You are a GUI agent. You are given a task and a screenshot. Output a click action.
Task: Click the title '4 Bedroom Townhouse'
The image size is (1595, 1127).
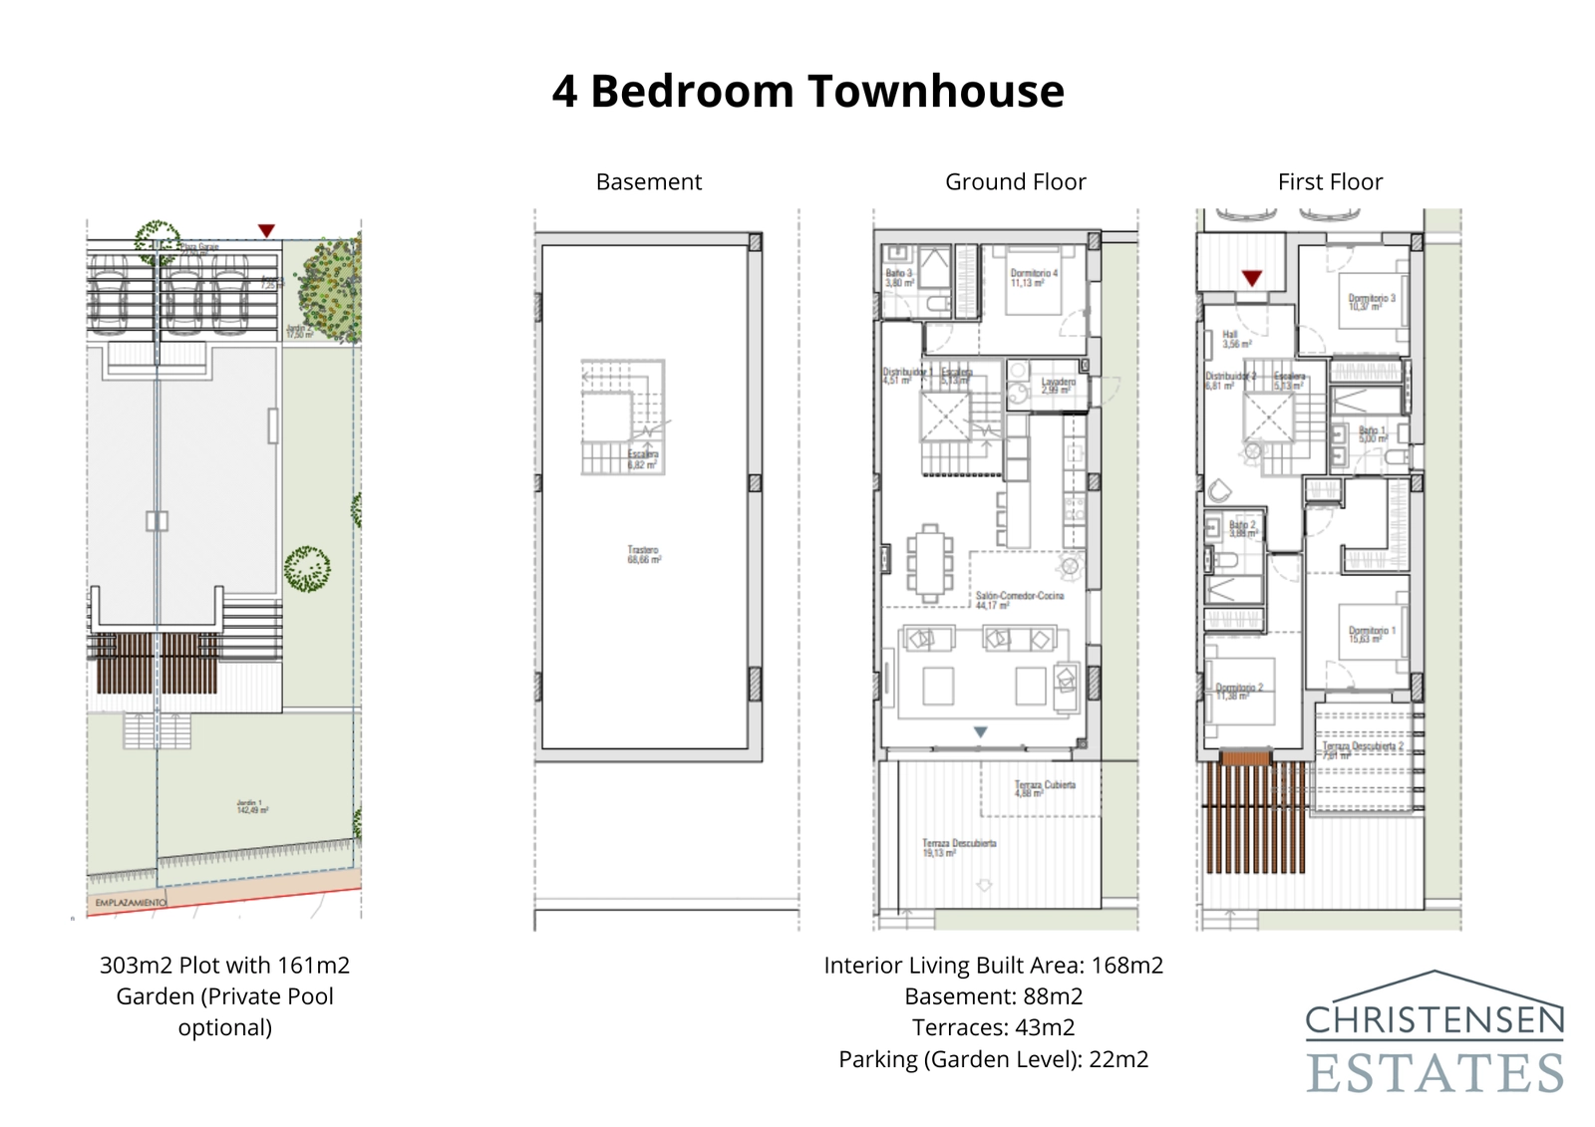(x=807, y=91)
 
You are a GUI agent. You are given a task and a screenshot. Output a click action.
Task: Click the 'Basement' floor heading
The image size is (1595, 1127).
(x=648, y=182)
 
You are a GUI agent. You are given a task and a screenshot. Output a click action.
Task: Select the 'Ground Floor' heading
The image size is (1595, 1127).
(x=1015, y=182)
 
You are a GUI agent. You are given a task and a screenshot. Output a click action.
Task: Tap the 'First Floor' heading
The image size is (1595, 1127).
(x=1330, y=182)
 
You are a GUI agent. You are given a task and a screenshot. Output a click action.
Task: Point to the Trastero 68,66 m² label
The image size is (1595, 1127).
(x=643, y=554)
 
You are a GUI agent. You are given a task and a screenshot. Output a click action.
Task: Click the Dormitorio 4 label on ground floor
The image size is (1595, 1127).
(x=1033, y=277)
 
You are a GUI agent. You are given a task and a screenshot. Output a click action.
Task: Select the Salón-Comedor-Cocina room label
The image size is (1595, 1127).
(x=1019, y=599)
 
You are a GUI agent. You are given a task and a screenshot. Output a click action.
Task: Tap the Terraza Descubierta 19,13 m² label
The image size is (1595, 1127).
(x=958, y=847)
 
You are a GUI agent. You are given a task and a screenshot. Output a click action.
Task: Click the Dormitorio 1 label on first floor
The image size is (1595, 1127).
(x=1372, y=634)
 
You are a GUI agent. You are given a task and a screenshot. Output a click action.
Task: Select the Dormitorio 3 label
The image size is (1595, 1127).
(x=1372, y=301)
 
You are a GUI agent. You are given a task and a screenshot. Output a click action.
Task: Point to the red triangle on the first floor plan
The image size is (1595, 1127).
(x=1252, y=278)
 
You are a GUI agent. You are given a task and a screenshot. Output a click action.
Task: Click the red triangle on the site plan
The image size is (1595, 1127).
(x=266, y=230)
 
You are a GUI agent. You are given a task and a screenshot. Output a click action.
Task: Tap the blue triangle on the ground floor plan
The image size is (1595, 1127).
(x=980, y=731)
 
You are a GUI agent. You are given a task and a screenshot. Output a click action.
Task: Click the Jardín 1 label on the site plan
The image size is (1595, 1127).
(x=251, y=805)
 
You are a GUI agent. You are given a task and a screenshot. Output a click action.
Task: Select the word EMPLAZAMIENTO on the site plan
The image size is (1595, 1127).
(x=131, y=902)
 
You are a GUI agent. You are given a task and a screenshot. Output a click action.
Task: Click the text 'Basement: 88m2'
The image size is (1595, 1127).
(x=993, y=996)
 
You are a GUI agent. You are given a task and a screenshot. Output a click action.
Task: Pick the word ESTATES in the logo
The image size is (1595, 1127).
(x=1435, y=1073)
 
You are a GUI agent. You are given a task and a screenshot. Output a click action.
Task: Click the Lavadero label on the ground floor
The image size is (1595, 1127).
(x=1058, y=385)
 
